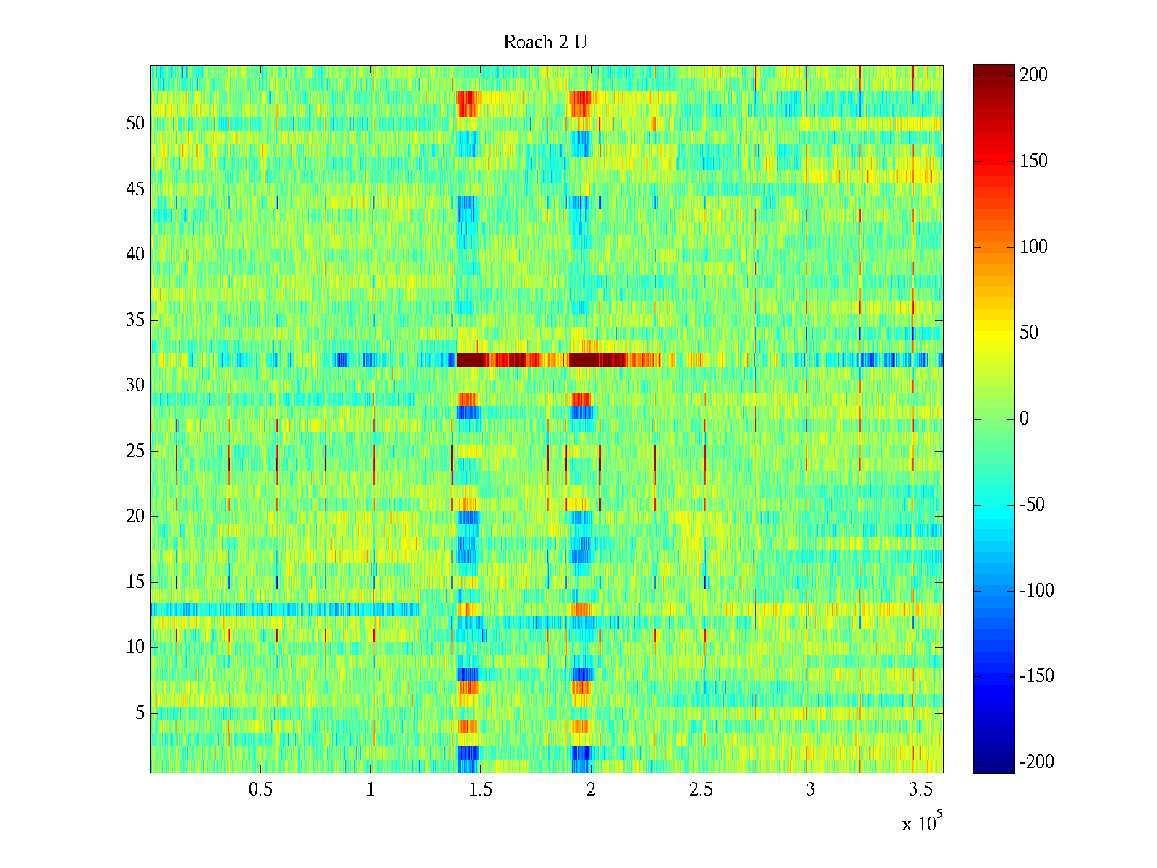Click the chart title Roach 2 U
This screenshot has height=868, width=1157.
click(545, 43)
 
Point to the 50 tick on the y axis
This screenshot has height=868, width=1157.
click(135, 124)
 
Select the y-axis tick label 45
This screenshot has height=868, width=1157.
click(135, 190)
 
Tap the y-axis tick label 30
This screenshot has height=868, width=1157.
click(135, 386)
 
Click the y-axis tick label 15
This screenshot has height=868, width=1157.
click(135, 582)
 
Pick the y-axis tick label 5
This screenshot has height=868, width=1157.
click(140, 713)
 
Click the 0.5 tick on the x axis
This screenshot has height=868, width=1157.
click(260, 789)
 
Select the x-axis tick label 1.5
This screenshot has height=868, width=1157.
click(481, 789)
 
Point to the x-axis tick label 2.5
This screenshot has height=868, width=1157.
click(701, 789)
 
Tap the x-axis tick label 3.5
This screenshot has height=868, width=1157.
click(921, 789)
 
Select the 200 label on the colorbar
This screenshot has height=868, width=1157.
click(1033, 75)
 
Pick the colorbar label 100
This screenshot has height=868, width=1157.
click(1033, 247)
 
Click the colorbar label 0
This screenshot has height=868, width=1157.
click(1024, 419)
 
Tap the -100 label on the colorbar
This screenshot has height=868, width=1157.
click(1036, 591)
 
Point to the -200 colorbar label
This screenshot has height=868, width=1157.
click(1036, 762)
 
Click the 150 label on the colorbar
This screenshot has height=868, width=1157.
click(1033, 161)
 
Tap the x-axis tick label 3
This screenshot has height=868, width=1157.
click(811, 789)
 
